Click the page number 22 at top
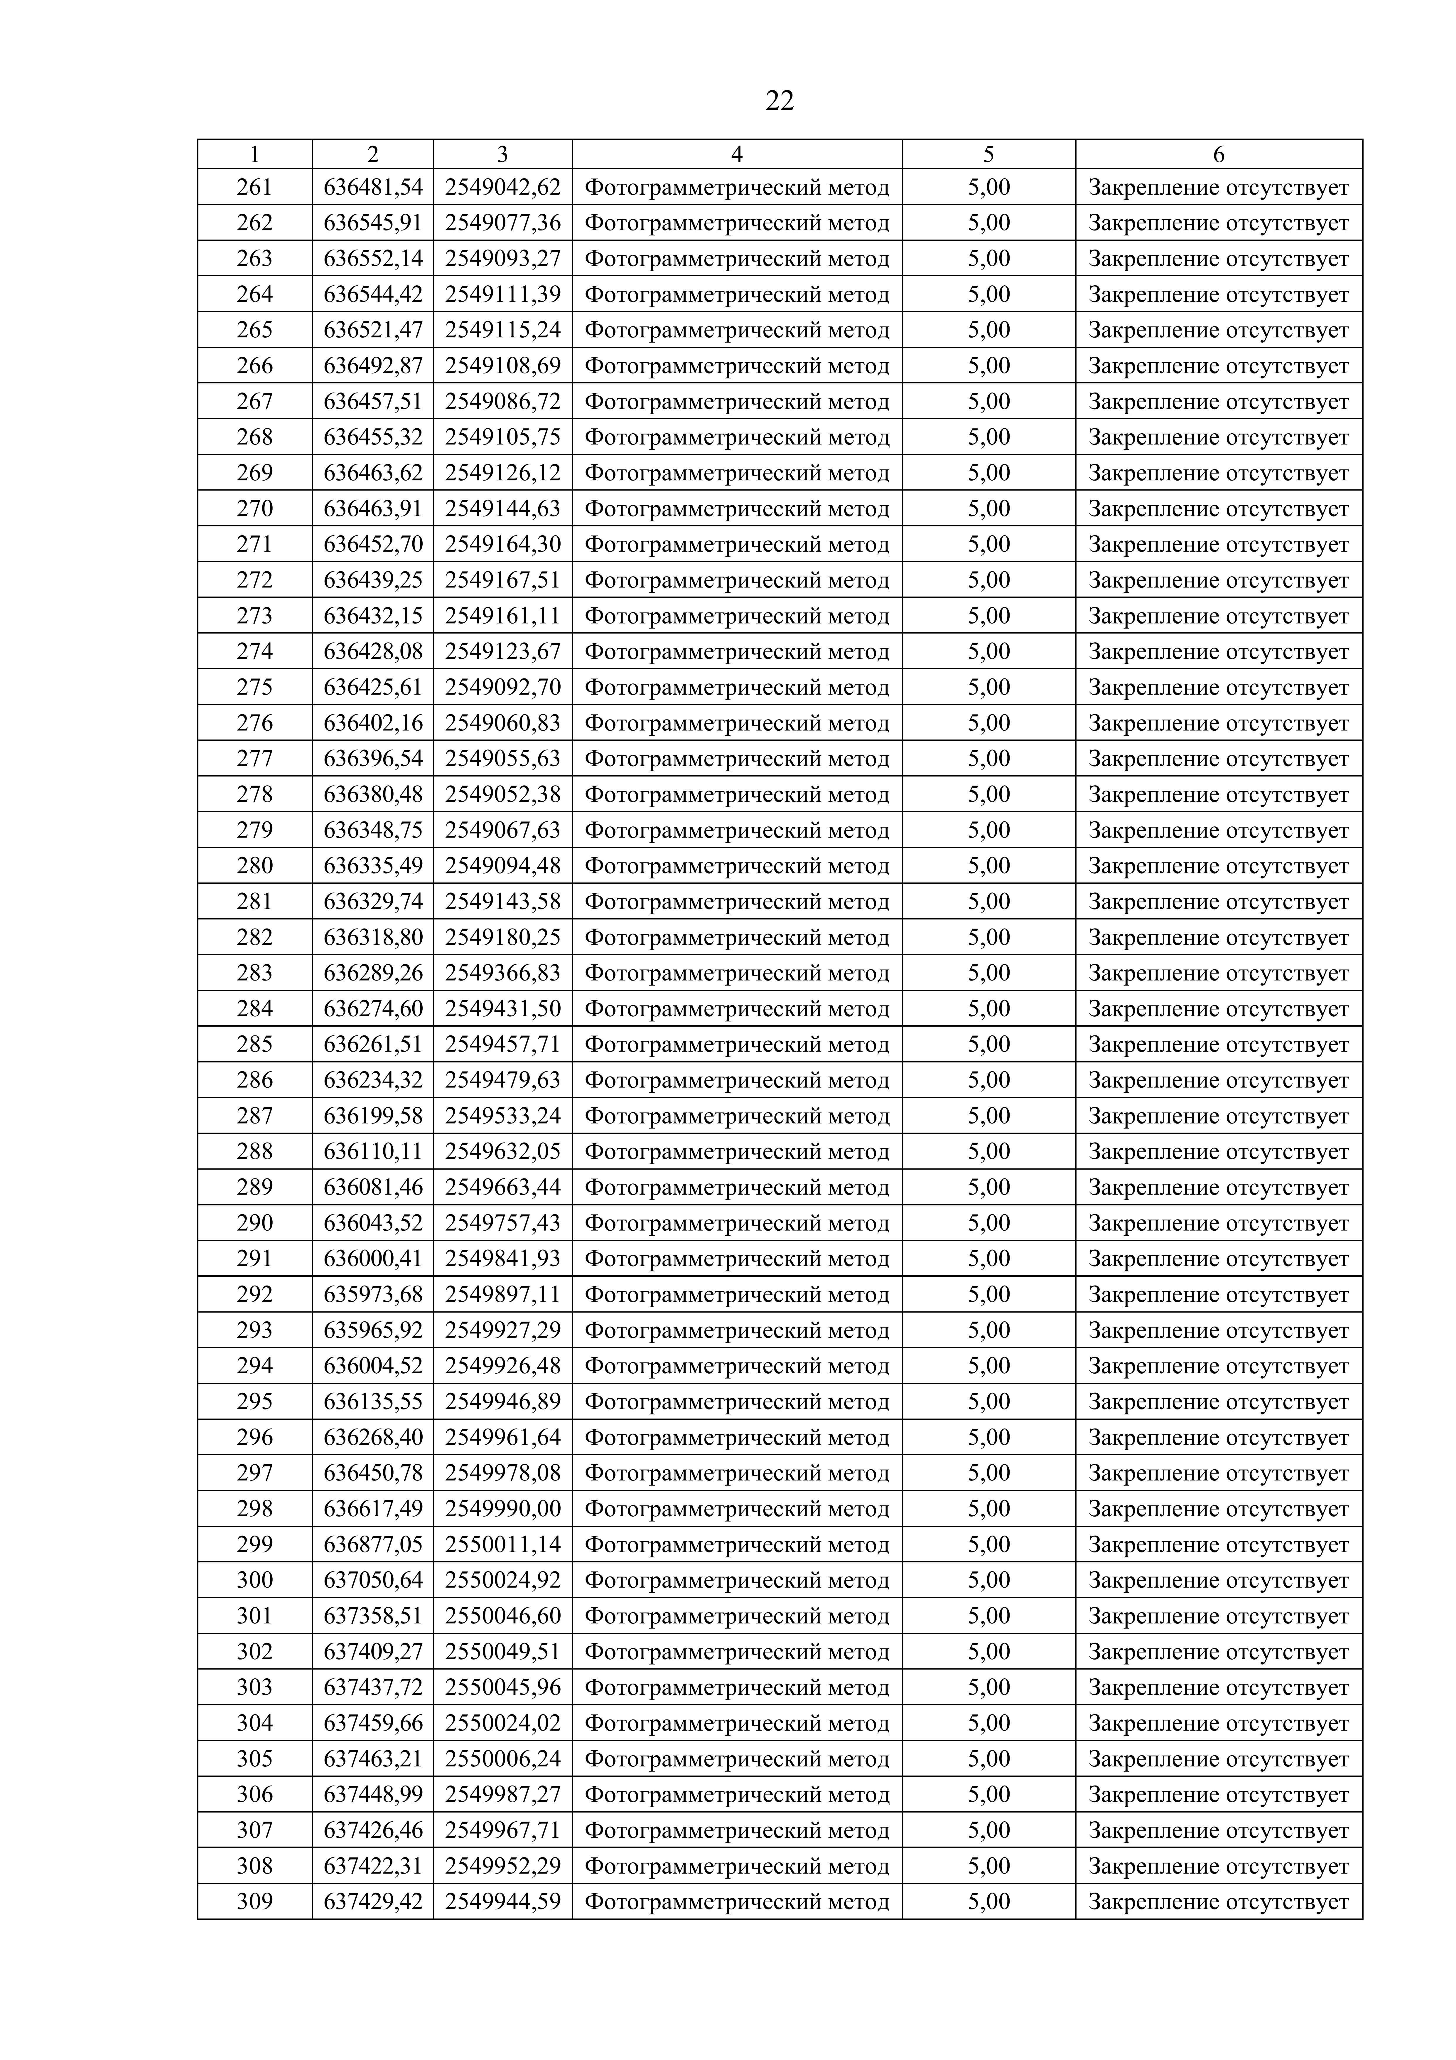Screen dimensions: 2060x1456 click(x=780, y=100)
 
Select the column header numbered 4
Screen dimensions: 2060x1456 click(x=737, y=154)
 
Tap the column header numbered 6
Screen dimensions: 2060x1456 click(x=1218, y=154)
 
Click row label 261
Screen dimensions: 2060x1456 click(x=255, y=188)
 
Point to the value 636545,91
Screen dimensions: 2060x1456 click(x=373, y=223)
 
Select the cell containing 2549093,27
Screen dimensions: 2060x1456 click(x=502, y=258)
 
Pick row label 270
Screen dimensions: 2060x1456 click(x=255, y=509)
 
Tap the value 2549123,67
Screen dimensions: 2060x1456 click(x=502, y=651)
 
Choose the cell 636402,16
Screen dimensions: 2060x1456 click(x=373, y=723)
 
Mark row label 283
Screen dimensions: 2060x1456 click(x=255, y=973)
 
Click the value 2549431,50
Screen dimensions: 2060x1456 click(x=502, y=1008)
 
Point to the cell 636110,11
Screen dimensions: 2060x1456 click(x=373, y=1151)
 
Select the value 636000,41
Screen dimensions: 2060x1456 click(x=373, y=1259)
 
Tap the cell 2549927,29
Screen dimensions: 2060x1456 click(x=502, y=1330)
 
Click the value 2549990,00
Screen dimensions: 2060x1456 click(x=502, y=1508)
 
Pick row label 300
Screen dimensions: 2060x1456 click(x=255, y=1580)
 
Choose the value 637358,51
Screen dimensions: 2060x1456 click(x=373, y=1616)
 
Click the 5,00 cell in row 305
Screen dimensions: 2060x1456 click(x=988, y=1759)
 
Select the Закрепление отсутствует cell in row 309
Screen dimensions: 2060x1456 click(x=1218, y=1901)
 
